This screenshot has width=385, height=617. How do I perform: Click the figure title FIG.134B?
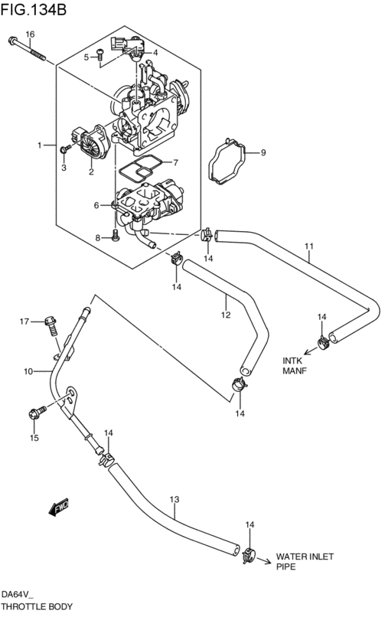pos(34,8)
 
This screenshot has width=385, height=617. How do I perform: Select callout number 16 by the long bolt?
pos(31,34)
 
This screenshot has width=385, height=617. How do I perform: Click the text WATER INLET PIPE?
pos(305,562)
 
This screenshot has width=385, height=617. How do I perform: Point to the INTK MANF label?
pos(295,365)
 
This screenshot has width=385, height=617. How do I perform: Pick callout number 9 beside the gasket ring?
pos(263,152)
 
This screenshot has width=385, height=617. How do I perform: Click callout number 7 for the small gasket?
pos(175,162)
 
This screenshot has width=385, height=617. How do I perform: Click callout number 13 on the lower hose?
pos(175,499)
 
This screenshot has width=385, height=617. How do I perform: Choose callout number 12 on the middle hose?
pos(226,315)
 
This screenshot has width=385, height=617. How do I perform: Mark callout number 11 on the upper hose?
pos(309,246)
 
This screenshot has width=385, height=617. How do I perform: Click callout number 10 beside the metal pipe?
pos(28,371)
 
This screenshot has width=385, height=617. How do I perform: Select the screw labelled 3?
pos(65,149)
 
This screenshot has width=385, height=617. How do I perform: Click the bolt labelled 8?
pos(116,235)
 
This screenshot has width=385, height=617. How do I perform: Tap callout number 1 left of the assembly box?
pos(39,145)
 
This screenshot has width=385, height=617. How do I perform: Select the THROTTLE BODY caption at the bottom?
pos(37,606)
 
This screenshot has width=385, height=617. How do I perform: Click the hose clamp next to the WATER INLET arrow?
pos(249,555)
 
